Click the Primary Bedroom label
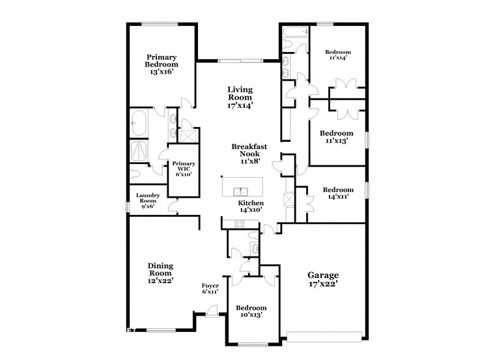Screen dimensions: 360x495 [x=161, y=64]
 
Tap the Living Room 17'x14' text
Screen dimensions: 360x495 [x=240, y=97]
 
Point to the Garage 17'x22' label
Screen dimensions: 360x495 [x=323, y=279]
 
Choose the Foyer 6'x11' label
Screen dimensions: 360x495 [x=210, y=289]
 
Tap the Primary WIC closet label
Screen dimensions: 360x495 [x=180, y=169]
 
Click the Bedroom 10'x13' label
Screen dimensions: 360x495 [x=251, y=312]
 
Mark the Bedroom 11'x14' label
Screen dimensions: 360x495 [x=338, y=55]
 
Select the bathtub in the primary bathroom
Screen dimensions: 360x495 [x=139, y=122]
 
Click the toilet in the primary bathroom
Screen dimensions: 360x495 [x=135, y=174]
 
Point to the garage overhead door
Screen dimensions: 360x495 [x=324, y=336]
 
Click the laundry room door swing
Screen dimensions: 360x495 [x=173, y=206]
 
